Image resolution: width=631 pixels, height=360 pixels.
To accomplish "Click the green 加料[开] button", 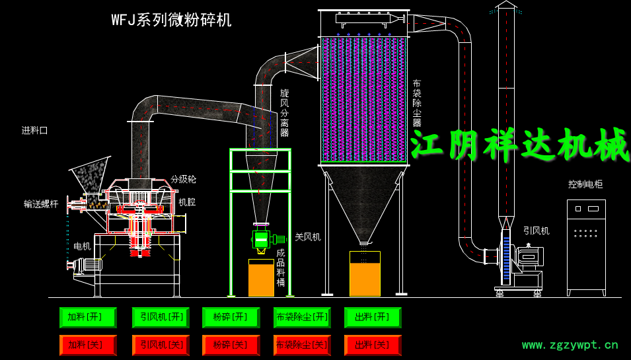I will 87,318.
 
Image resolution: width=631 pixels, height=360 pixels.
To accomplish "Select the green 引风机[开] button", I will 161,318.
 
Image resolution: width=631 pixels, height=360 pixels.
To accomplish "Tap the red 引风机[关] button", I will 161,345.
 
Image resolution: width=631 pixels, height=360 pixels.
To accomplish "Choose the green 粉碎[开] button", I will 231,318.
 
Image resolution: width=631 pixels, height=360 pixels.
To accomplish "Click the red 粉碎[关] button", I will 231,345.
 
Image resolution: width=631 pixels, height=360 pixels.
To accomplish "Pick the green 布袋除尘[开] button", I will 302,318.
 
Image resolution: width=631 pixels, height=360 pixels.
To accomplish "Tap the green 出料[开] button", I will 372,318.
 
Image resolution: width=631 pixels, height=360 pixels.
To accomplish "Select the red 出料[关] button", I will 372,345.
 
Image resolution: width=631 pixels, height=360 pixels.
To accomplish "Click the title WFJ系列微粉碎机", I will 171,20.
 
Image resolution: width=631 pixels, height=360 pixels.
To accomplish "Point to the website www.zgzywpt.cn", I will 570,344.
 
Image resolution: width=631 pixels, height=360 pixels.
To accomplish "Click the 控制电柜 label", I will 585,184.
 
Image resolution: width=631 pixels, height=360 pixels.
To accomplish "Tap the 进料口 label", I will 34,130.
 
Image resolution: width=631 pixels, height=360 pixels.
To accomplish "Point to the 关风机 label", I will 307,236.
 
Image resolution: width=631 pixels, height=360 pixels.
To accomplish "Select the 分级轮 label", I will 183,179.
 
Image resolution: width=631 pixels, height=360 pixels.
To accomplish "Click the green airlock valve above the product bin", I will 262,239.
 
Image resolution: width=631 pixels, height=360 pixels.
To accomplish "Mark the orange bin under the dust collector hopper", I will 365,273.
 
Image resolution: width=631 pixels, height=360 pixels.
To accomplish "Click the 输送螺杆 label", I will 41,204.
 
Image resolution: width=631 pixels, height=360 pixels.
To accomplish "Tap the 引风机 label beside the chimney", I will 536,231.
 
